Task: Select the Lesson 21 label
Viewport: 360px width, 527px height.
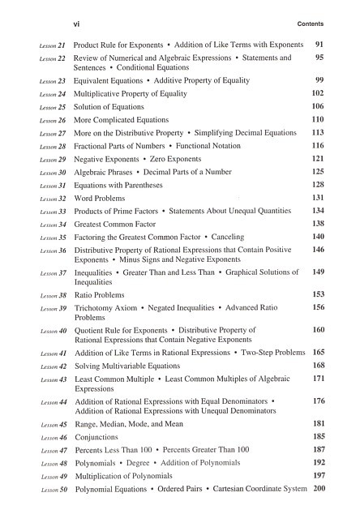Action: click(52, 47)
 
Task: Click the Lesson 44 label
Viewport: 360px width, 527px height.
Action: click(52, 402)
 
